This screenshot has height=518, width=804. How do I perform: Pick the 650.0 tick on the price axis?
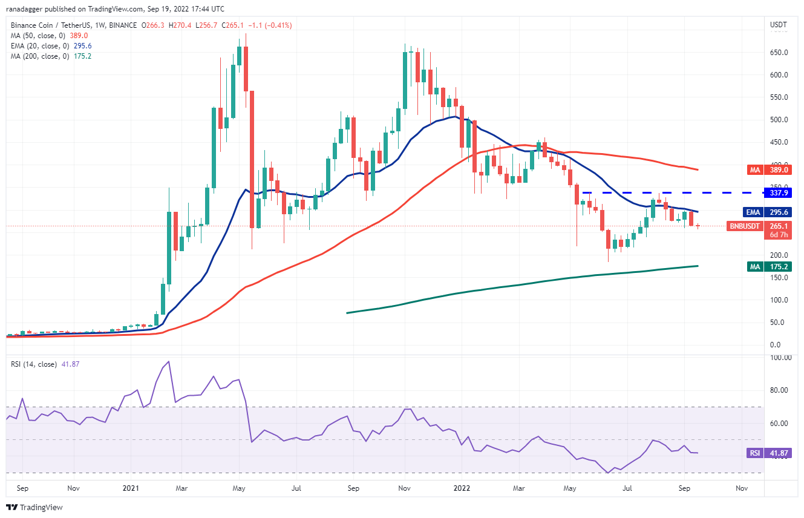click(779, 53)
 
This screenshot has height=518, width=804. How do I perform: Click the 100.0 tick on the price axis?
click(779, 300)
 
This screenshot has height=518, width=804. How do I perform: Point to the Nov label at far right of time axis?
click(742, 487)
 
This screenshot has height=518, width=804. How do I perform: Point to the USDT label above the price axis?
click(779, 25)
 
